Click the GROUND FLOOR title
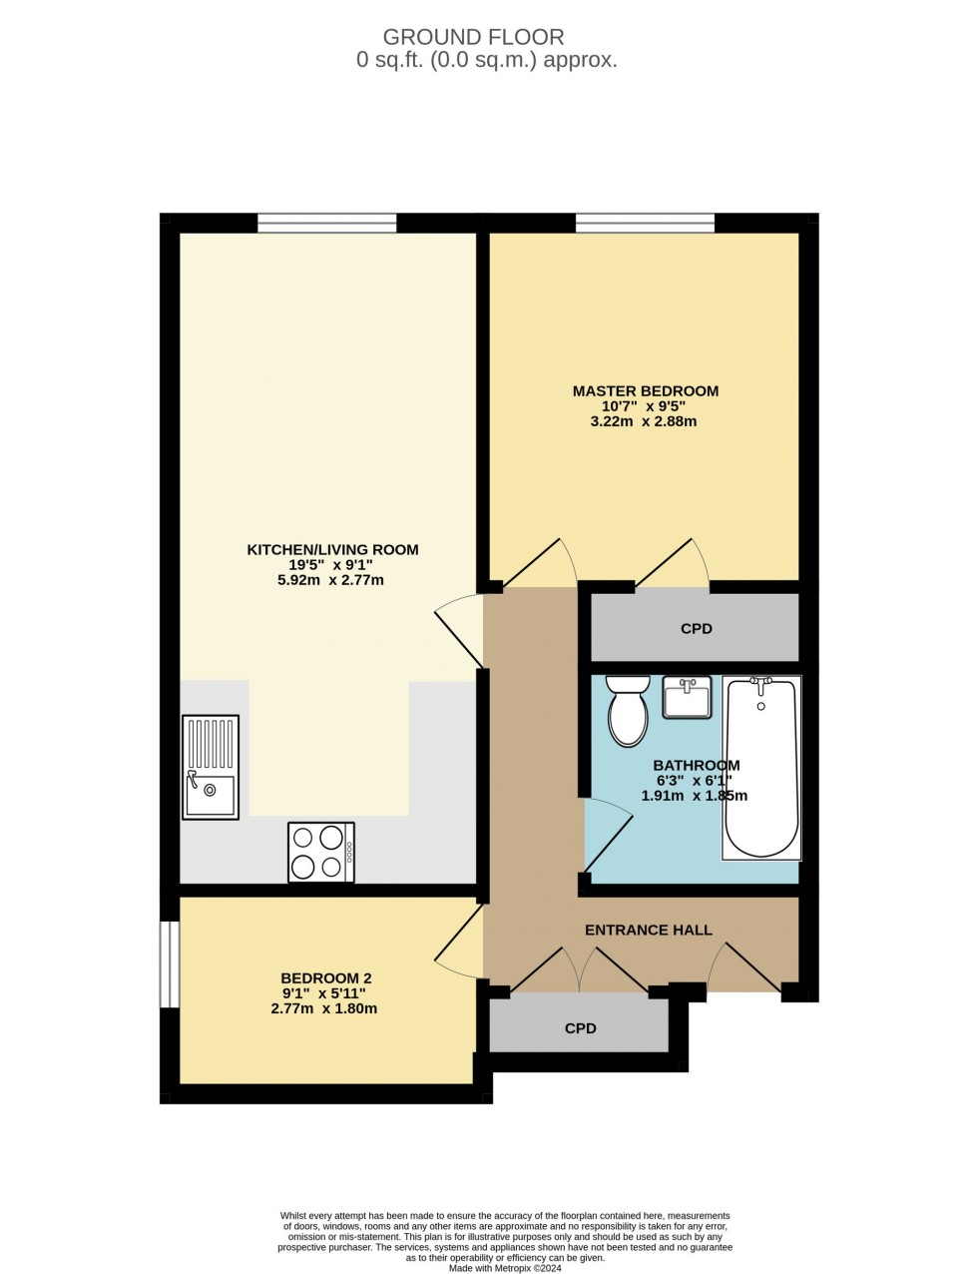coord(474,37)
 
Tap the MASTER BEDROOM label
coord(645,390)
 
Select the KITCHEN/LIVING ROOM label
coord(332,549)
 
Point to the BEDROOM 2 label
coord(325,978)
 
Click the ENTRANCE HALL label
coord(649,930)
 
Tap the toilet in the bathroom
coord(628,713)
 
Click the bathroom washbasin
coord(687,697)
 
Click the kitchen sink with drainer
coord(211,767)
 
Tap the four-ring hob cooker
coord(321,852)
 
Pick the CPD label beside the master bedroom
coord(697,629)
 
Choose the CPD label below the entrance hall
coord(580,1027)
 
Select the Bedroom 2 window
coord(170,963)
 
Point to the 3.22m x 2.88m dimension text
coord(644,421)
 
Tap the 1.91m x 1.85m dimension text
coord(695,796)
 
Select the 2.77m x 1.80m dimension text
coord(324,1008)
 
